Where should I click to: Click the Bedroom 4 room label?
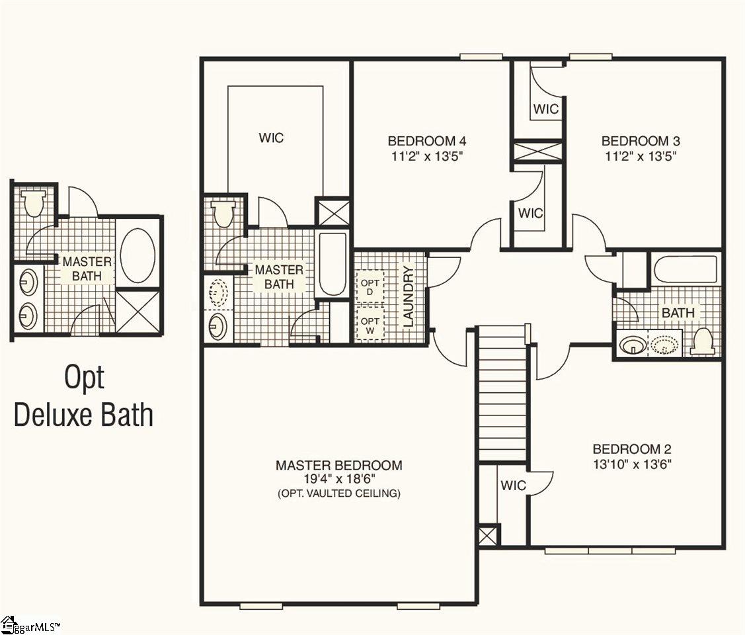pyautogui.click(x=426, y=141)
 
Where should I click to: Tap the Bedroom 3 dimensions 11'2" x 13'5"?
pyautogui.click(x=641, y=156)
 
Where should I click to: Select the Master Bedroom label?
pyautogui.click(x=338, y=465)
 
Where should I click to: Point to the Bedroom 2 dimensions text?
pyautogui.click(x=632, y=464)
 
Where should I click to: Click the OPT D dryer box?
pyautogui.click(x=370, y=288)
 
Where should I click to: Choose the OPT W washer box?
pyautogui.click(x=370, y=324)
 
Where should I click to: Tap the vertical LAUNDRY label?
pyautogui.click(x=409, y=296)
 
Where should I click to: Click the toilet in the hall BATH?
pyautogui.click(x=703, y=342)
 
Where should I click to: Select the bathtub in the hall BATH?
pyautogui.click(x=685, y=270)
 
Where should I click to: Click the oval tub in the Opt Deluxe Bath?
pyautogui.click(x=137, y=256)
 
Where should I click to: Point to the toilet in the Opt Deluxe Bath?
pyautogui.click(x=33, y=202)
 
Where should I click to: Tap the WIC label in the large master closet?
pyautogui.click(x=271, y=138)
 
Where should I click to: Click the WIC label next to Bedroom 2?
pyautogui.click(x=514, y=486)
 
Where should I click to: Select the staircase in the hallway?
pyautogui.click(x=502, y=394)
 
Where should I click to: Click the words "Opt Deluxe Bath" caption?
pyautogui.click(x=83, y=396)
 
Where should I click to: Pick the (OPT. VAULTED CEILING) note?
pyautogui.click(x=338, y=493)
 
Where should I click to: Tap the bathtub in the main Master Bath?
pyautogui.click(x=332, y=265)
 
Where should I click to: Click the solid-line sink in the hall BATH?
pyautogui.click(x=633, y=345)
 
